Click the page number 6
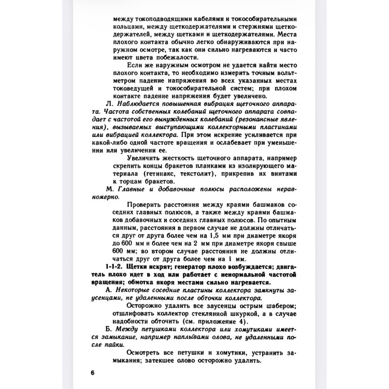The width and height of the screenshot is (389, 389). pyautogui.click(x=92, y=373)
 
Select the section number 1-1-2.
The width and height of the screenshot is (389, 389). pyautogui.click(x=115, y=267)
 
